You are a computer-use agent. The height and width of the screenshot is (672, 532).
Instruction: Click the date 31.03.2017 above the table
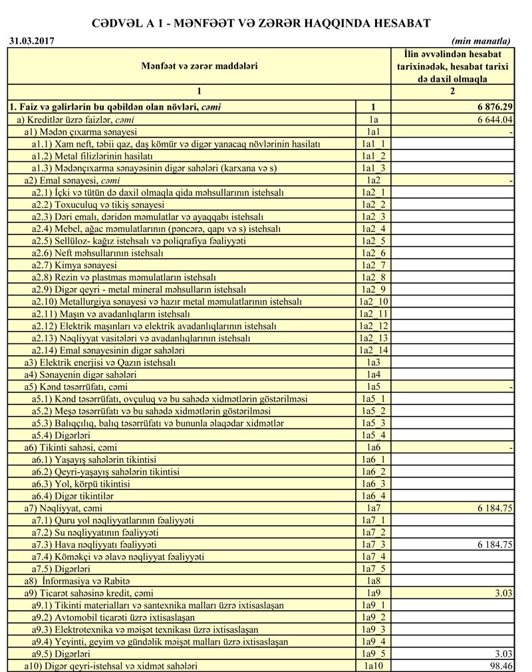click(31, 41)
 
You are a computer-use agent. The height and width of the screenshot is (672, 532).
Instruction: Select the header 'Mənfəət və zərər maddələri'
click(199, 66)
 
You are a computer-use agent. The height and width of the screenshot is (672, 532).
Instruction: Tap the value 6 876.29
click(491, 107)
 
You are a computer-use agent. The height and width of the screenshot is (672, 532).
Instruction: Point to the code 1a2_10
click(373, 301)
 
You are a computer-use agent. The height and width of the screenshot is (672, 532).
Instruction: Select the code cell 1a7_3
click(373, 545)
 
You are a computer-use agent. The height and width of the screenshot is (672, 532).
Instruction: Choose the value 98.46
click(499, 665)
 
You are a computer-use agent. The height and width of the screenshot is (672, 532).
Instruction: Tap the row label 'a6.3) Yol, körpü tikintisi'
click(81, 484)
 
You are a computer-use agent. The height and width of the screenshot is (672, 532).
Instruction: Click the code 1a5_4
click(373, 436)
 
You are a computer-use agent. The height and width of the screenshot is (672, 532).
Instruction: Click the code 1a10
click(373, 665)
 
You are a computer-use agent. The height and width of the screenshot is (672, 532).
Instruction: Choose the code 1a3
click(373, 363)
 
